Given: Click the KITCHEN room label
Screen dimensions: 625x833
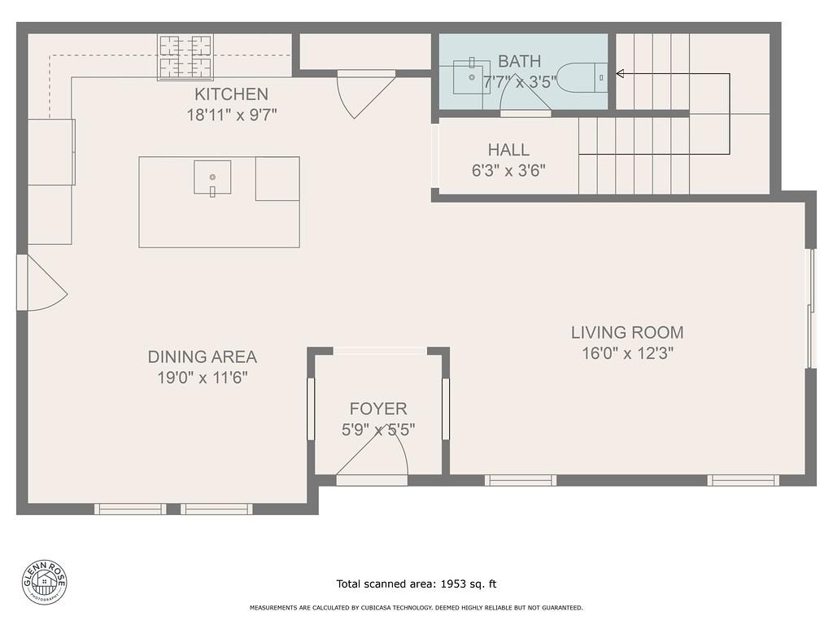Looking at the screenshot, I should (231, 94).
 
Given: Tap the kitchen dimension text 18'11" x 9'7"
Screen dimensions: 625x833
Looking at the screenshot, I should (232, 115).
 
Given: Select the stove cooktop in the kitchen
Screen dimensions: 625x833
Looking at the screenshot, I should (185, 56).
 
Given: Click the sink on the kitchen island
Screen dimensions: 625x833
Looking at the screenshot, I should (212, 177).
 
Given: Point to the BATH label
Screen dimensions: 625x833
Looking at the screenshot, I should (519, 62).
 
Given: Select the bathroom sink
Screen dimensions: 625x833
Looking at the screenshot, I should (471, 76).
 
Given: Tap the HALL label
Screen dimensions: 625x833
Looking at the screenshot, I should (508, 150).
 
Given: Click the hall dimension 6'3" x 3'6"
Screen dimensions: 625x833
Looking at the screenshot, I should (508, 170).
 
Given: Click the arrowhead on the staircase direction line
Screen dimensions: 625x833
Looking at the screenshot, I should (620, 74).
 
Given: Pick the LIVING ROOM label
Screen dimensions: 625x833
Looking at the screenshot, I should (626, 332).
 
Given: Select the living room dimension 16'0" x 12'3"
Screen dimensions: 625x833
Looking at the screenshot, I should (627, 353).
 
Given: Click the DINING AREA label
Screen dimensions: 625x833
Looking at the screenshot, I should (202, 356).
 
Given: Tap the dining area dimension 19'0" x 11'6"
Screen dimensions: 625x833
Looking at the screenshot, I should (202, 378).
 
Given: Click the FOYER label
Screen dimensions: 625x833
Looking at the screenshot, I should (378, 409).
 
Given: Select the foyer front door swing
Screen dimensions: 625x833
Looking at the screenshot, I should (374, 456).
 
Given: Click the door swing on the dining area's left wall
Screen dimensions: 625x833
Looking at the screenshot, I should (44, 283).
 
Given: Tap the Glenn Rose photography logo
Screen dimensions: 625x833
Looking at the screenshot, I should (45, 582).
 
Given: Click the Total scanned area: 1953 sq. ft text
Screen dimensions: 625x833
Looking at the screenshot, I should (416, 583).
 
